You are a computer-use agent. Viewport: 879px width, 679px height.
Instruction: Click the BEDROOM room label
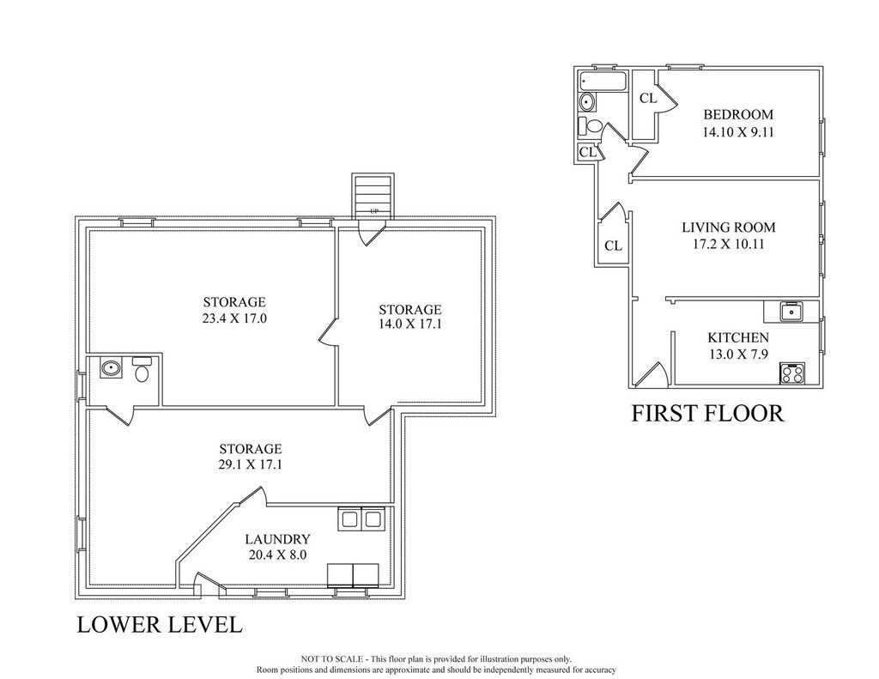(737, 114)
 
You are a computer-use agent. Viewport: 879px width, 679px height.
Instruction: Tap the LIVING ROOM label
(728, 227)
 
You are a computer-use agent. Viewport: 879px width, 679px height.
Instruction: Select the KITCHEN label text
(737, 337)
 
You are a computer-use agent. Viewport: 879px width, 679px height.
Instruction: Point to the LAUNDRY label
(277, 539)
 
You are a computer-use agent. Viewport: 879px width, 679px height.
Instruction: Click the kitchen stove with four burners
(792, 373)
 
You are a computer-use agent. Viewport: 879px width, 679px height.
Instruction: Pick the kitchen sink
(792, 312)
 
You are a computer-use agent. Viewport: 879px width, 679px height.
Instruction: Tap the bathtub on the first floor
(603, 82)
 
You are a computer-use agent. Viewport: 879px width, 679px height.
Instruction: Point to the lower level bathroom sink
(111, 368)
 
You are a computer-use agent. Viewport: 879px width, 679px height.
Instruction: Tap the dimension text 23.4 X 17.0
(234, 319)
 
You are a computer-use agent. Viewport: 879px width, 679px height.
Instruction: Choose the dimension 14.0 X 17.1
(409, 324)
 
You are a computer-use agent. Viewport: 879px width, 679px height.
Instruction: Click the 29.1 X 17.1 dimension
(250, 464)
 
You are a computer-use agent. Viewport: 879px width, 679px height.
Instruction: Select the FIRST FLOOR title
(707, 413)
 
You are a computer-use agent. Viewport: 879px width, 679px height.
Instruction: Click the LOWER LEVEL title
(160, 625)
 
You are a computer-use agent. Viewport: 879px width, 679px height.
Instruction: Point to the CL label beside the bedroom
(648, 99)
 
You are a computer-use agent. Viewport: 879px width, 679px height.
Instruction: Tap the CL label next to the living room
(613, 246)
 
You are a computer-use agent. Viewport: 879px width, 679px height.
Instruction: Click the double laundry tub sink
(360, 519)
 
